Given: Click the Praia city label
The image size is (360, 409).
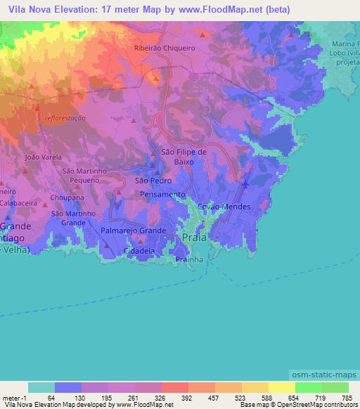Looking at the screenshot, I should [194, 238].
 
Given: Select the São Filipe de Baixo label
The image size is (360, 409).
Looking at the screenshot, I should [184, 156].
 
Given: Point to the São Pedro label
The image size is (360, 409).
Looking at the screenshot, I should [148, 181].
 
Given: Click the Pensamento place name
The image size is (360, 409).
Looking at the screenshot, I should [162, 195].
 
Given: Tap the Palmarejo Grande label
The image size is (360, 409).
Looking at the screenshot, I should [134, 231].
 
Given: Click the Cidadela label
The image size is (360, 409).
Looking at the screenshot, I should [139, 250].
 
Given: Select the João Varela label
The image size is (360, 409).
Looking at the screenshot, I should [39, 157].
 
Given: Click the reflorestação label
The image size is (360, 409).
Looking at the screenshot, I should [64, 119].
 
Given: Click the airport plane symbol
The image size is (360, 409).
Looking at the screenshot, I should [245, 184].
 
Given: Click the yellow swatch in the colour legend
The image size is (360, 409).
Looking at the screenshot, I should [281, 387].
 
